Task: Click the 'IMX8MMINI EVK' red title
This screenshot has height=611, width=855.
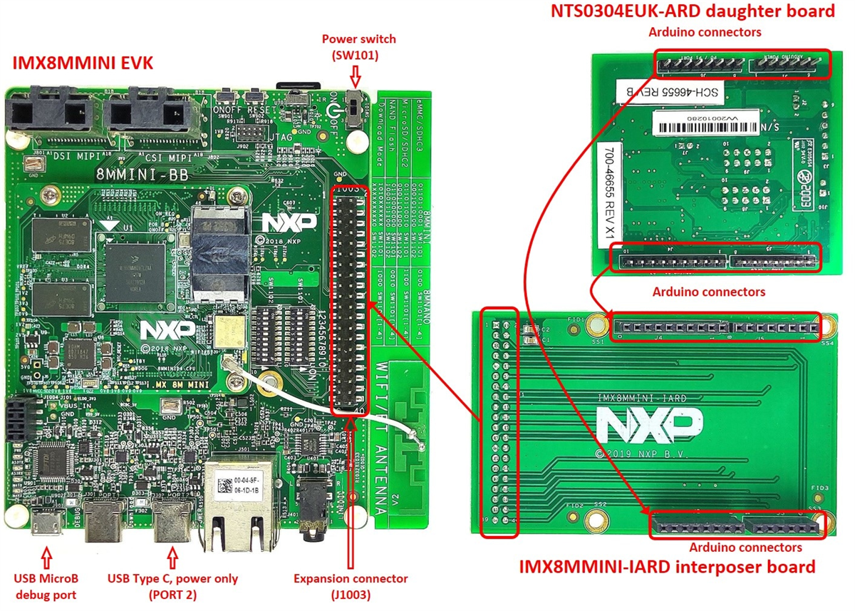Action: tap(83, 63)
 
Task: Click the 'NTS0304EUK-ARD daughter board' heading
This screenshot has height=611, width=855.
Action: tap(692, 11)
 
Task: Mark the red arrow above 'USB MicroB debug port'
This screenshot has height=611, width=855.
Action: tap(47, 553)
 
